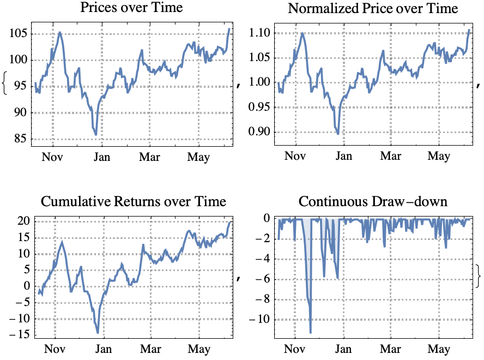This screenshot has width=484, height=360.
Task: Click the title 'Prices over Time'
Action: (x=131, y=8)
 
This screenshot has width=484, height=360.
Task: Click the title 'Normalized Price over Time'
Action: (x=373, y=8)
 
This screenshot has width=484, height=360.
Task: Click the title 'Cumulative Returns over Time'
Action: (x=133, y=202)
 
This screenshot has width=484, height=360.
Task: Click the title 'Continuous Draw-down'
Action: (x=373, y=202)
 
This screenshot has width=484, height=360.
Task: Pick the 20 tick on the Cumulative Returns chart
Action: (x=23, y=221)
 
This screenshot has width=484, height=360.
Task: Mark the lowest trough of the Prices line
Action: (x=96, y=134)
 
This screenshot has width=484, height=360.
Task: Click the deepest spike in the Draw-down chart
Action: (x=310, y=332)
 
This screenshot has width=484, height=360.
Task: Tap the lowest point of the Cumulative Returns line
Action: (x=98, y=332)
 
